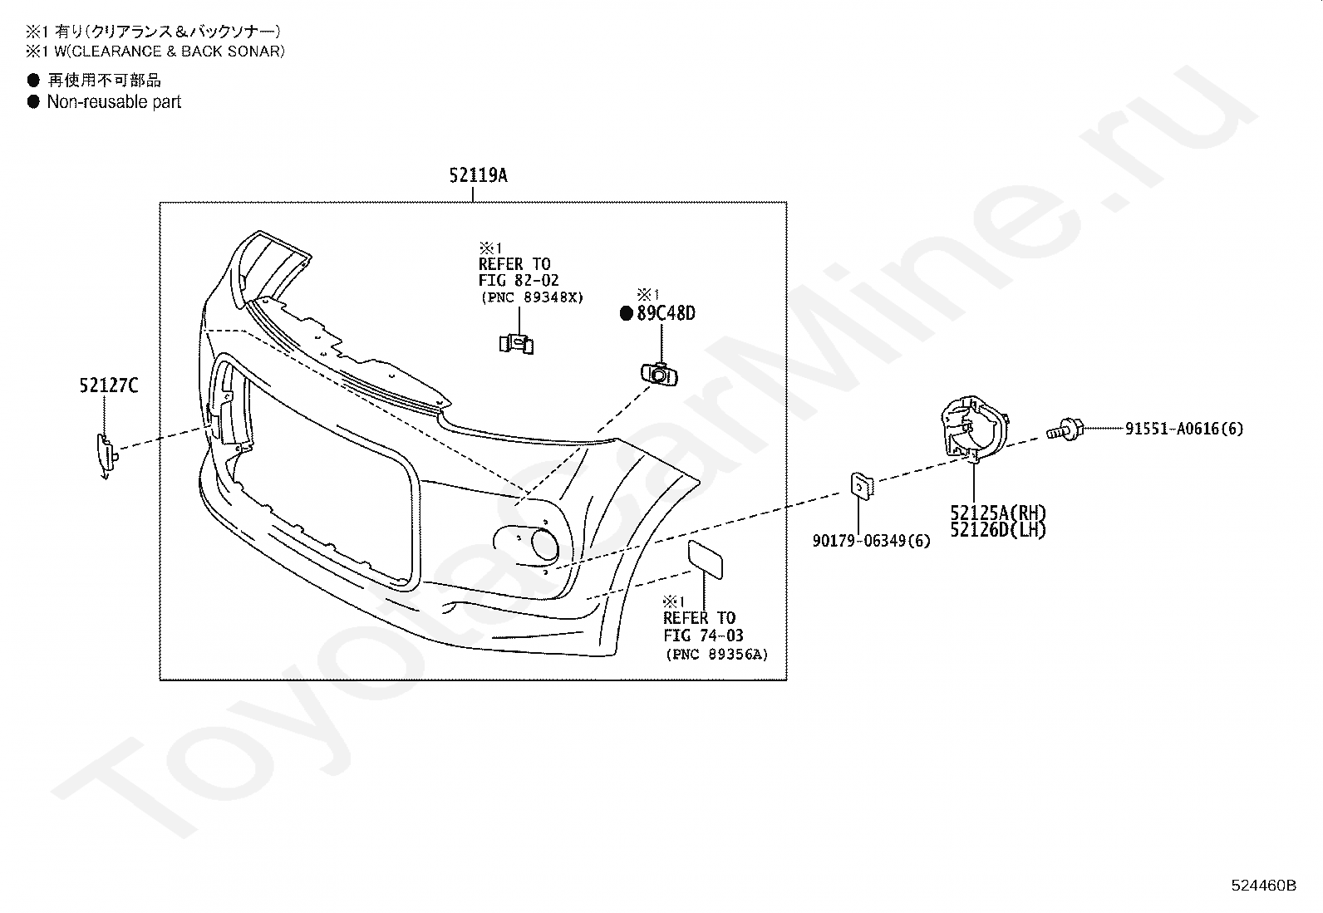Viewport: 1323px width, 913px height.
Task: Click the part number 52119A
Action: pos(478,175)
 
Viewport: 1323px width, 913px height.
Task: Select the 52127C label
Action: pos(109,385)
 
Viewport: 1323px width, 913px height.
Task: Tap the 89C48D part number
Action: pos(666,313)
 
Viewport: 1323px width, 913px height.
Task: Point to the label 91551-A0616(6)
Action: pos(1184,429)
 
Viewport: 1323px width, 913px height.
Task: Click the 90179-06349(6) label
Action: pos(871,541)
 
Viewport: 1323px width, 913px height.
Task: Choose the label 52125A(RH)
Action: pos(998,513)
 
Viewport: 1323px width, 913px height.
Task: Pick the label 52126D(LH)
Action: pos(998,529)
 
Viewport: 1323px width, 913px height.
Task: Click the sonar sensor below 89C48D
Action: pos(659,375)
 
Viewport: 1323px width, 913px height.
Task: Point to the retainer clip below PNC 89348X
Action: pos(517,343)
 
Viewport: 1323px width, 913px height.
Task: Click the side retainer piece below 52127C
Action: pos(106,454)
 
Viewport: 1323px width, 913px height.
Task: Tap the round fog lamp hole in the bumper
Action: pos(545,545)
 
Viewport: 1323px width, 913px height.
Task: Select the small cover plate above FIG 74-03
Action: pos(705,559)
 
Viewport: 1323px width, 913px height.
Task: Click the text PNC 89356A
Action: pos(716,655)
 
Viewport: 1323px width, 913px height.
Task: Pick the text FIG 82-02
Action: pos(519,281)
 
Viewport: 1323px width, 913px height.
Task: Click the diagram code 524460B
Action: pos(1263,885)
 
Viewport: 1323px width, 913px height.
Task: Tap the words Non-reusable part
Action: pos(114,102)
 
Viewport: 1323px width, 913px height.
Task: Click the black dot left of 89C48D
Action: pos(627,313)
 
